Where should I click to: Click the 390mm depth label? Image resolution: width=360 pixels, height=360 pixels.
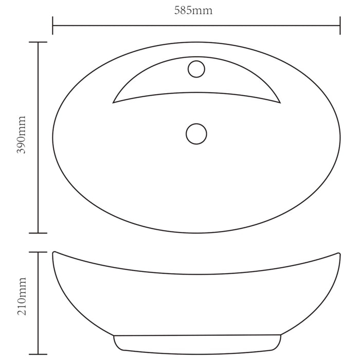click(x=21, y=137)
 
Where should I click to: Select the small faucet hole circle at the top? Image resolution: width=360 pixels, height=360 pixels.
click(x=196, y=69)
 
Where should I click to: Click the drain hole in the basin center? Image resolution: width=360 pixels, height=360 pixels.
click(x=196, y=134)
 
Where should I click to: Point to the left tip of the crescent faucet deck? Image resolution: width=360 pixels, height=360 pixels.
click(x=114, y=102)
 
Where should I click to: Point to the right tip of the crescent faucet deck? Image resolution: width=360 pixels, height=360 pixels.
click(x=280, y=102)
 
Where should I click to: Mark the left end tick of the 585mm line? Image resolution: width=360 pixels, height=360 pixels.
click(x=53, y=25)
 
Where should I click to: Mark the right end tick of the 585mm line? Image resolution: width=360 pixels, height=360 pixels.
click(x=339, y=25)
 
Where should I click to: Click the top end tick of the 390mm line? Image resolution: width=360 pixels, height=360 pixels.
click(x=38, y=42)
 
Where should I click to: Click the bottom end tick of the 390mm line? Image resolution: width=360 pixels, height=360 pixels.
click(x=38, y=233)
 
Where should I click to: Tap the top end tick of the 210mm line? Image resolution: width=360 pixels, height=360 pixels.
click(x=38, y=252)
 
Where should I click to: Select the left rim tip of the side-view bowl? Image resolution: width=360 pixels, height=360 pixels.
click(x=53, y=253)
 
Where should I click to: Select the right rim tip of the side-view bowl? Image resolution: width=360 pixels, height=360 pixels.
click(x=339, y=253)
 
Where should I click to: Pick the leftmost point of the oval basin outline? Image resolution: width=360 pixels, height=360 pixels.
click(x=53, y=137)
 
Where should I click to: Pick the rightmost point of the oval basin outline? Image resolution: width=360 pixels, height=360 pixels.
click(x=340, y=137)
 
